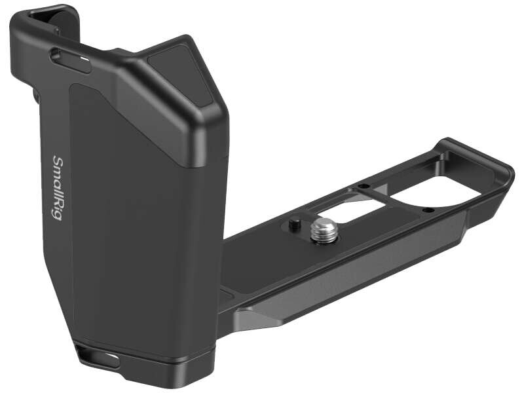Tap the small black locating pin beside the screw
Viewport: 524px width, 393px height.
pos(292,223)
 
